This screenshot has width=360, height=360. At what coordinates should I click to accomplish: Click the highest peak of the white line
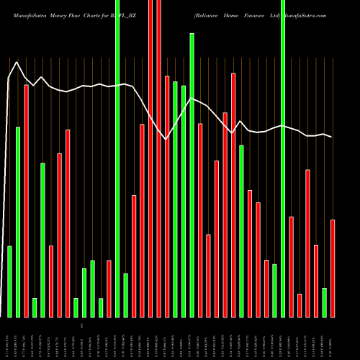[17, 62]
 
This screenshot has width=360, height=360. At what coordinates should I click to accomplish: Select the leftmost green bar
[10, 281]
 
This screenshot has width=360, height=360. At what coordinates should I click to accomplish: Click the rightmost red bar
[333, 268]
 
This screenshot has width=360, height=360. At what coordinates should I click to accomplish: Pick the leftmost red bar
[27, 201]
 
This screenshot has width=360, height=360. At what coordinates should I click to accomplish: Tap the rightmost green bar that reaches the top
[283, 158]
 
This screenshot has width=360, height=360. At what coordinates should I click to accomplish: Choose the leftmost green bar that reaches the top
[117, 158]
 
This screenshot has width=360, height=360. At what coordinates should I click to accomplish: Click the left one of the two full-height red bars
[150, 158]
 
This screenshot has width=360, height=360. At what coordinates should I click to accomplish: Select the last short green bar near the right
[324, 302]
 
